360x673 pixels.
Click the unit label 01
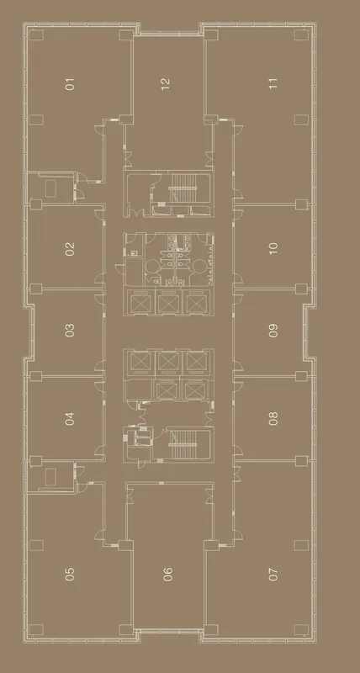click(x=70, y=83)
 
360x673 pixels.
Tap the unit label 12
click(x=166, y=83)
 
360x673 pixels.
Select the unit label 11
click(x=273, y=83)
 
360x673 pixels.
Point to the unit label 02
click(x=70, y=249)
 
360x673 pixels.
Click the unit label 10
click(x=273, y=248)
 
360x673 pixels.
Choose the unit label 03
click(x=70, y=330)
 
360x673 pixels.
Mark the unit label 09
click(x=273, y=330)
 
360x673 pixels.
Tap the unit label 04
click(x=70, y=418)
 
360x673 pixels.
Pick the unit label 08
click(x=273, y=418)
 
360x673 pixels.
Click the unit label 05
click(x=70, y=574)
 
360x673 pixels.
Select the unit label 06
click(x=168, y=574)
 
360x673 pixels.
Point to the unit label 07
click(x=273, y=574)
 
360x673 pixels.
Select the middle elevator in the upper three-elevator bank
click(x=168, y=303)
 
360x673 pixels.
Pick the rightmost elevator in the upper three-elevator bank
click(x=197, y=303)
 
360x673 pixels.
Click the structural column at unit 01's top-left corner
click(x=36, y=34)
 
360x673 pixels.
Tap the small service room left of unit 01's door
click(x=51, y=187)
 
